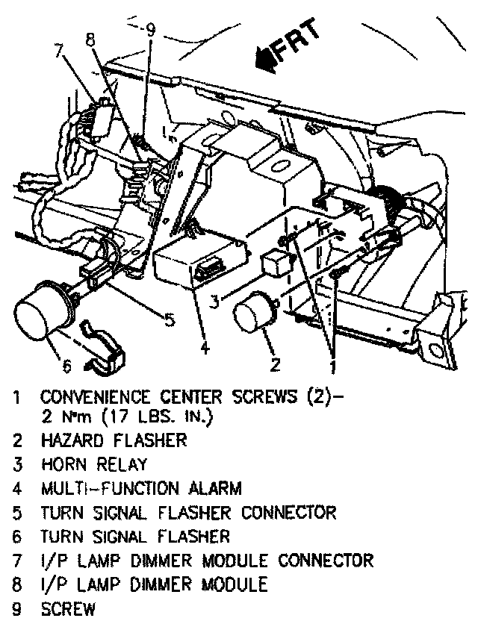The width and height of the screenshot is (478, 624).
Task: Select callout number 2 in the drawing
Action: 276,364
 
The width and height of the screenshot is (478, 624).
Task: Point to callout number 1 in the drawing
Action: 332,366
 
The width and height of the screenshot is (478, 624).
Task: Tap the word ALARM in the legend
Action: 213,488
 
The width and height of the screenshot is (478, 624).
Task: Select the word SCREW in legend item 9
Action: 68,608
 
